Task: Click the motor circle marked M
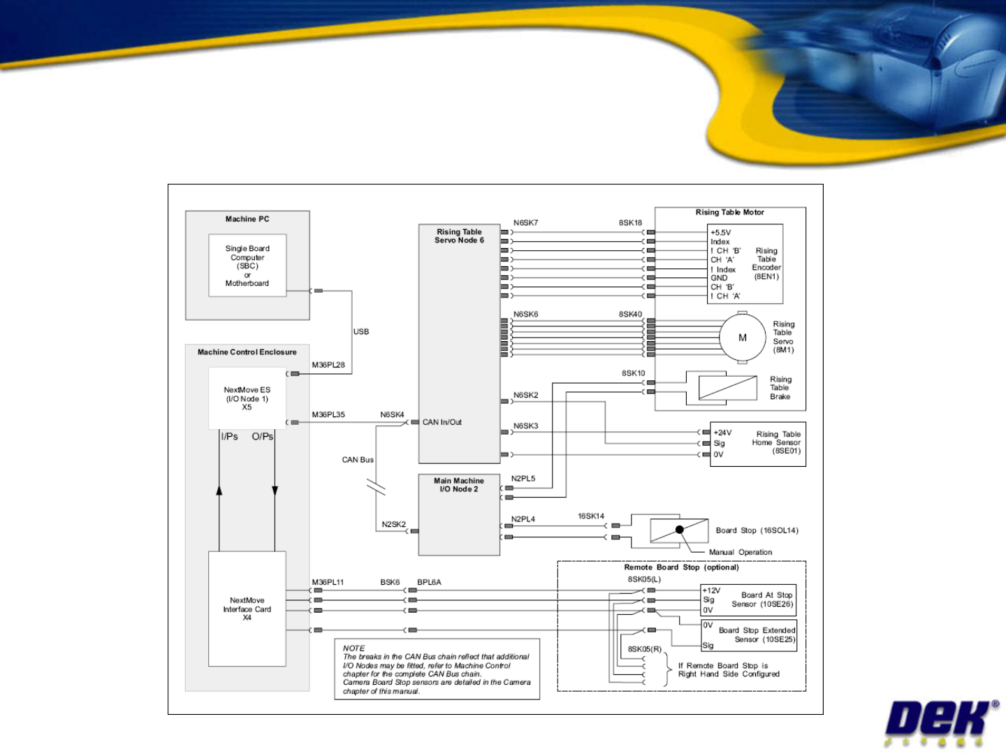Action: click(x=743, y=338)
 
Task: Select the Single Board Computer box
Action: click(x=247, y=266)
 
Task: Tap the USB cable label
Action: click(x=361, y=331)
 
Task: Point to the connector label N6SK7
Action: click(x=525, y=223)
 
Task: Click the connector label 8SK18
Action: click(x=630, y=223)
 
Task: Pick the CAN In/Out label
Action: click(x=442, y=422)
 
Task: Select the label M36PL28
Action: click(x=328, y=365)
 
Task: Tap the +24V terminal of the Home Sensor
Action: click(x=722, y=433)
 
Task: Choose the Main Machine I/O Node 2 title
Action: click(x=459, y=485)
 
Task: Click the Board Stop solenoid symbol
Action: click(x=679, y=530)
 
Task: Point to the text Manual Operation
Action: click(x=741, y=552)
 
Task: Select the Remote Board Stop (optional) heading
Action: click(x=681, y=567)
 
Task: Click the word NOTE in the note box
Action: click(x=353, y=648)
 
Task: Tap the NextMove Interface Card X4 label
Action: click(x=247, y=609)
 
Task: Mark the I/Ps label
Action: click(x=229, y=437)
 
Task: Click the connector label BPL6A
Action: click(x=429, y=582)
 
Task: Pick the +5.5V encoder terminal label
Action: click(x=720, y=233)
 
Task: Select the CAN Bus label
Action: click(x=358, y=460)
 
